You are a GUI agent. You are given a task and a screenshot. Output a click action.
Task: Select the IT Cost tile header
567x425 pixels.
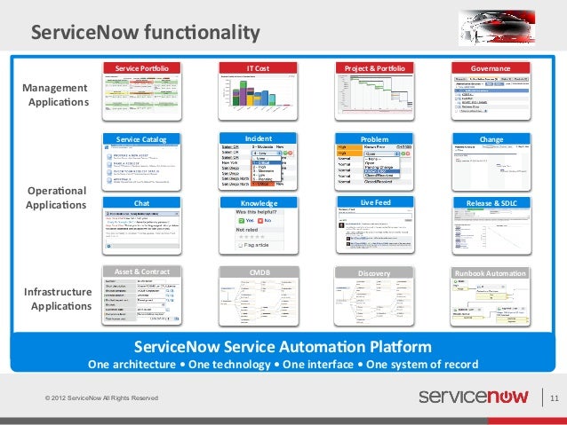tap(258, 68)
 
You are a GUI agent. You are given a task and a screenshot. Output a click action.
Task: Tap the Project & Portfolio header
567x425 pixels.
tap(374, 68)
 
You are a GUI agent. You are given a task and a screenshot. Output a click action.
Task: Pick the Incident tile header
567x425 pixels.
tap(258, 138)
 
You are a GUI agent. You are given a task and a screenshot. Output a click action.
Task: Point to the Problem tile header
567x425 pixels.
tap(374, 139)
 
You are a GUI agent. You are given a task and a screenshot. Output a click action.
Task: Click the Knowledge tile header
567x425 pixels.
tap(258, 203)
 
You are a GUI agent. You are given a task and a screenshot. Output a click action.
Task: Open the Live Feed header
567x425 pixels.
tap(374, 203)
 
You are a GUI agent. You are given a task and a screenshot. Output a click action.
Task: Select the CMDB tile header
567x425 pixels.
tap(258, 272)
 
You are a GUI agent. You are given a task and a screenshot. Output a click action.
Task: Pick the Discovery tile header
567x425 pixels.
tap(374, 272)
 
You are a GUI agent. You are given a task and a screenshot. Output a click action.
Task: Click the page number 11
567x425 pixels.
tap(554, 397)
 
